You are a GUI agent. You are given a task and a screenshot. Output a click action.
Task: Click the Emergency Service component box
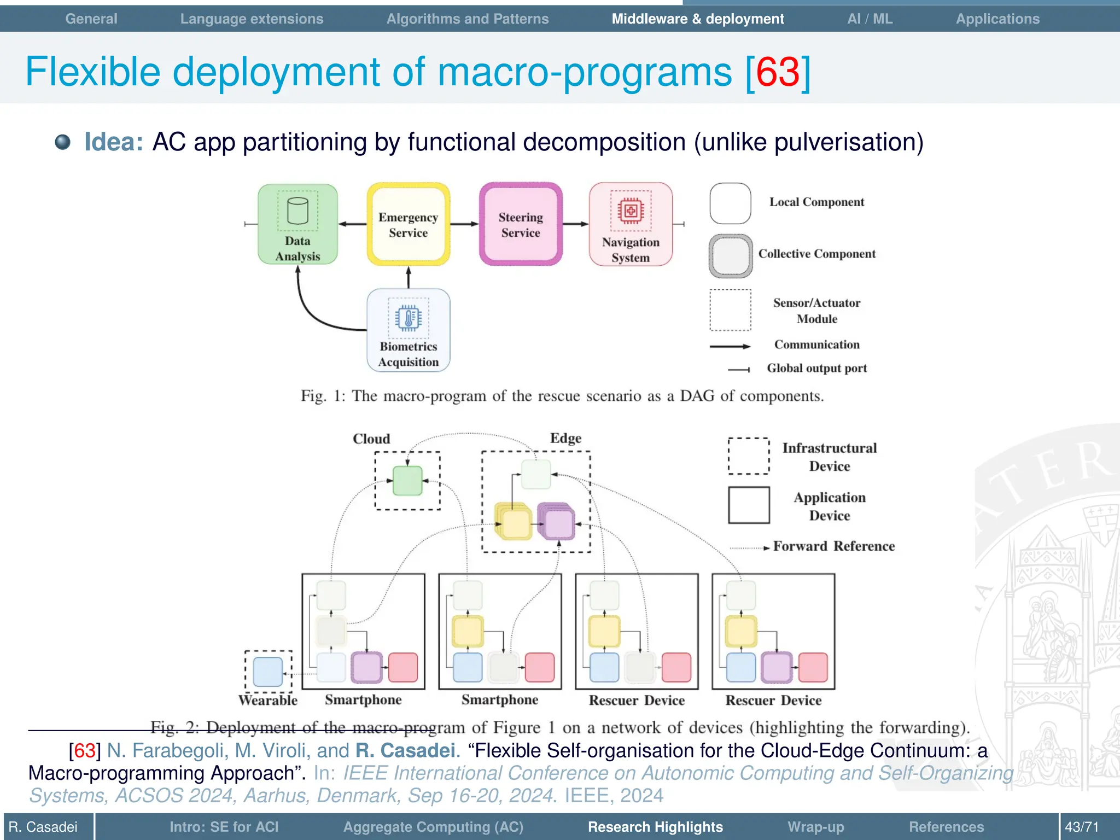point(408,225)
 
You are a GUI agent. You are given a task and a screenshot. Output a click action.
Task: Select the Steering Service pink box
point(521,225)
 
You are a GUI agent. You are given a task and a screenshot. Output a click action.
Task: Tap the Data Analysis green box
point(297,225)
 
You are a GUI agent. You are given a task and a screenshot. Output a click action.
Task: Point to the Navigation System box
point(631,225)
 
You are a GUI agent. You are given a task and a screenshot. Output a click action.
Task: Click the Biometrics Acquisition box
point(408,330)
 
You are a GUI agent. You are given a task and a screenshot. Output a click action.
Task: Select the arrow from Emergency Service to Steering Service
point(464,224)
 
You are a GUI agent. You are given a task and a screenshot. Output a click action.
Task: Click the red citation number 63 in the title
point(778,72)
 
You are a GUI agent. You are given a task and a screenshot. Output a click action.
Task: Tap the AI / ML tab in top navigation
point(870,19)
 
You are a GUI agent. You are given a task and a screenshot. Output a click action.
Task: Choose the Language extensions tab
point(252,19)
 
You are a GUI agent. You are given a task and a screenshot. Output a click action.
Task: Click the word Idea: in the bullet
point(114,142)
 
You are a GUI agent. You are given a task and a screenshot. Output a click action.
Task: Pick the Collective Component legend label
point(816,254)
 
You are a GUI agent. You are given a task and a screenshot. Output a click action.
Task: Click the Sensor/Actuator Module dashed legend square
point(730,310)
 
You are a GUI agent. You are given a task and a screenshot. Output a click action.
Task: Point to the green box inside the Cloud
point(407,481)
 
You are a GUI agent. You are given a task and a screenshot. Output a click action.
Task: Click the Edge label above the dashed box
point(565,438)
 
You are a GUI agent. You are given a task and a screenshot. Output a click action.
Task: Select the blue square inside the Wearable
point(268,672)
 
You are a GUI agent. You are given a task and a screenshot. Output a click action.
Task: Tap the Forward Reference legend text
point(833,546)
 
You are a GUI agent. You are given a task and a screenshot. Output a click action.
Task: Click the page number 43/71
point(1081,827)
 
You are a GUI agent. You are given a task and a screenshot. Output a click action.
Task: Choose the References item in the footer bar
point(946,827)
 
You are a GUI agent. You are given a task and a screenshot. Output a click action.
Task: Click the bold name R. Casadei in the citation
point(405,751)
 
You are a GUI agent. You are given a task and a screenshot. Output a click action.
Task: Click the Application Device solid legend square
point(749,505)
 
